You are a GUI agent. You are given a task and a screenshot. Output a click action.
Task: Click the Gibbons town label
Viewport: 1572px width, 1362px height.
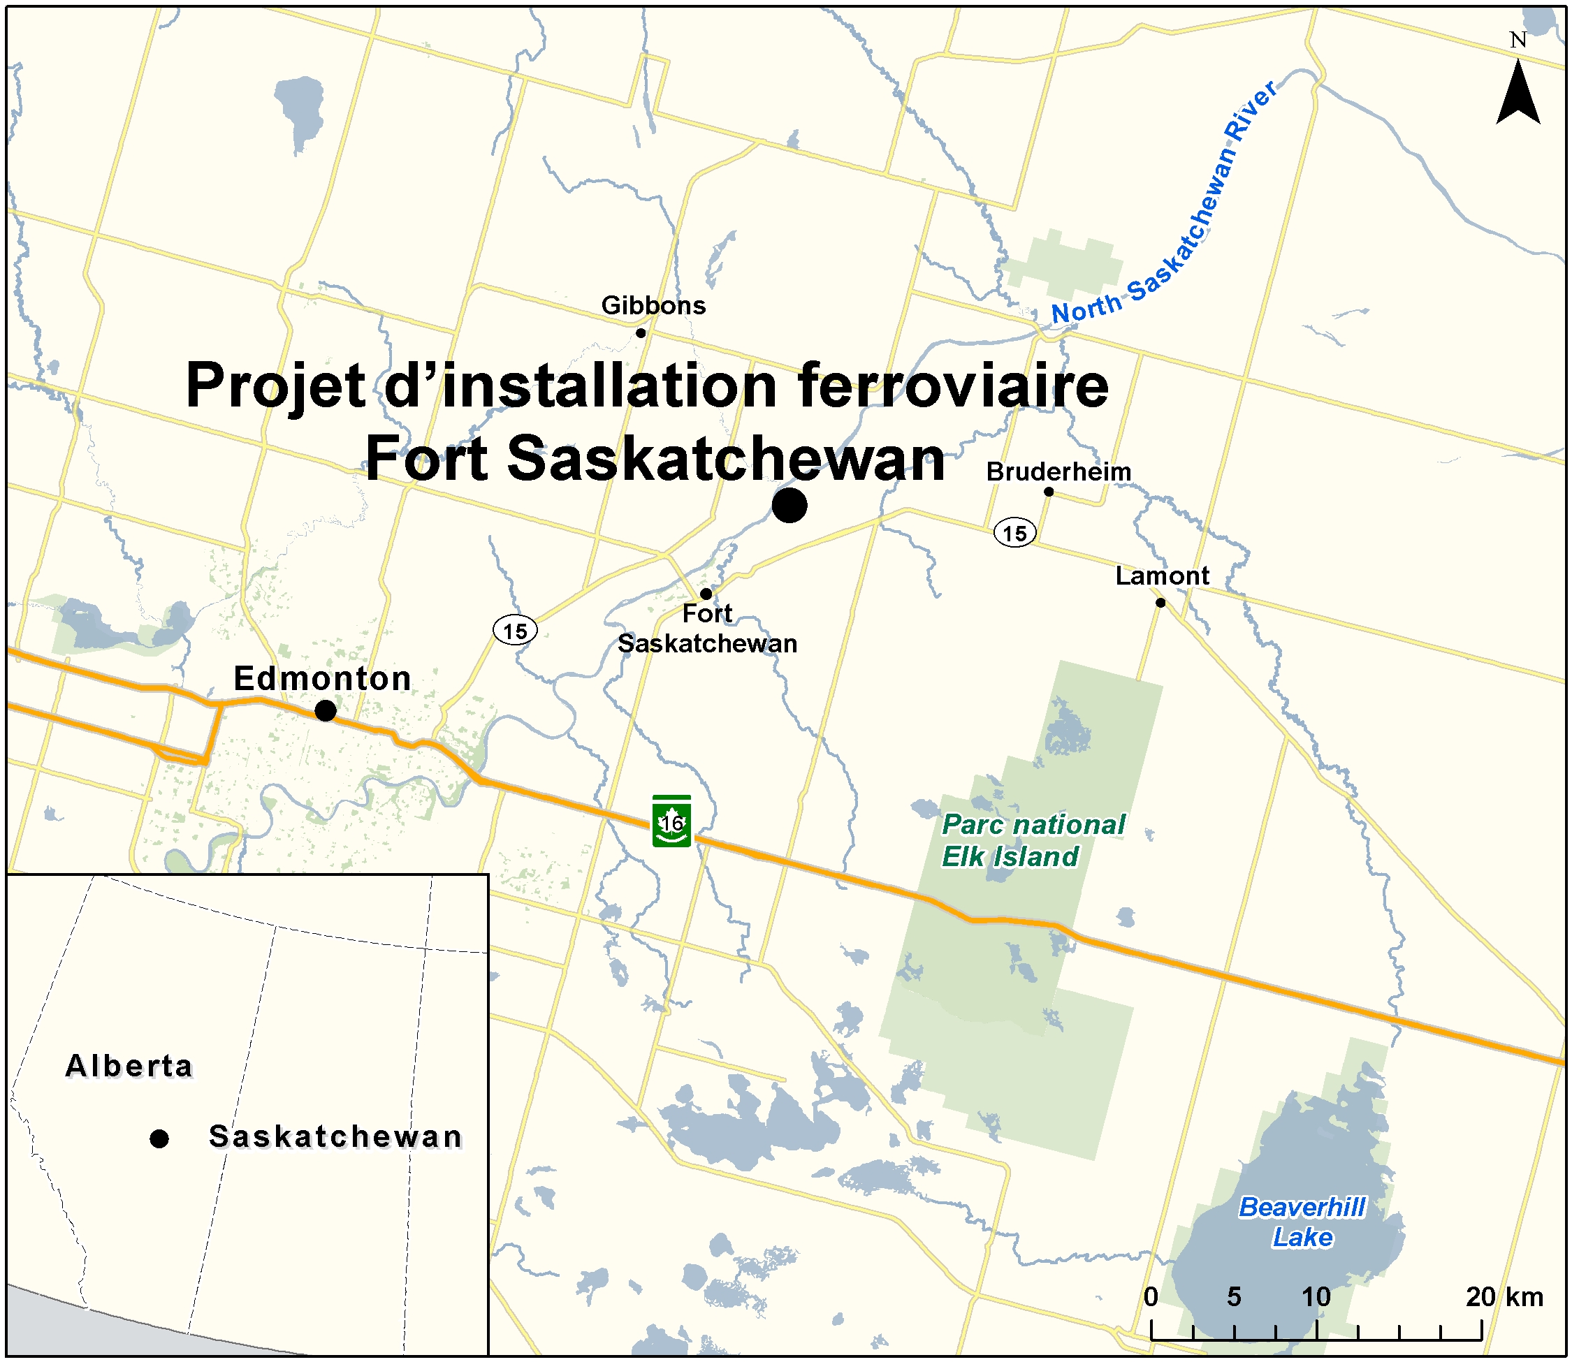click(653, 305)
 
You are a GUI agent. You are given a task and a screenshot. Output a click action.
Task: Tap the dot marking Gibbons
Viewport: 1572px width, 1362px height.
click(641, 333)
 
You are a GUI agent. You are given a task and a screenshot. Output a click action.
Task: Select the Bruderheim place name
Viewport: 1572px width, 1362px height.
click(1058, 472)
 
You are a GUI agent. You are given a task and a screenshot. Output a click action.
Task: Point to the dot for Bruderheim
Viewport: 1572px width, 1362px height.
click(1048, 492)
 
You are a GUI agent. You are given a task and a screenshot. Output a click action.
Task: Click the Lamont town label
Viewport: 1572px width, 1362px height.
click(1161, 576)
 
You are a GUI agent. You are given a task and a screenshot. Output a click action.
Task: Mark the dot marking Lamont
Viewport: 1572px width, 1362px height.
click(1160, 603)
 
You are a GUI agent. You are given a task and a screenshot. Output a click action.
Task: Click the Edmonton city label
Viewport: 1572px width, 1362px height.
click(322, 679)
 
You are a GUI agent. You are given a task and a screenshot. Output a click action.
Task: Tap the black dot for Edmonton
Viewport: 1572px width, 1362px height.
click(326, 710)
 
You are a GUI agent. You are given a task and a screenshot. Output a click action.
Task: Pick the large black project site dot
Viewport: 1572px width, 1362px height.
click(789, 506)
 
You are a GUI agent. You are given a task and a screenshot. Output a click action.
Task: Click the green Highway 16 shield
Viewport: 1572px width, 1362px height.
click(671, 821)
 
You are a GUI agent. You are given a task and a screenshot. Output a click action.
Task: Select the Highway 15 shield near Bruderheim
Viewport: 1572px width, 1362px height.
click(1014, 533)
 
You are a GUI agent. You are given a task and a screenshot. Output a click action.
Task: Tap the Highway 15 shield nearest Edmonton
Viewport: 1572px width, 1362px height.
click(515, 631)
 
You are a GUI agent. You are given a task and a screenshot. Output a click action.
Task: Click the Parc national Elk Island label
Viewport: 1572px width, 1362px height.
click(1033, 841)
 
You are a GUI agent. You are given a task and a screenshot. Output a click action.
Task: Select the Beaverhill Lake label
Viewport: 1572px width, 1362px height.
click(1302, 1222)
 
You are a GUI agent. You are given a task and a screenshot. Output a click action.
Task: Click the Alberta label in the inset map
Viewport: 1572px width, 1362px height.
click(129, 1066)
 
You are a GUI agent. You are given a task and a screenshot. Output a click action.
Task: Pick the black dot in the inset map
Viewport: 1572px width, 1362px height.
click(159, 1138)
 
